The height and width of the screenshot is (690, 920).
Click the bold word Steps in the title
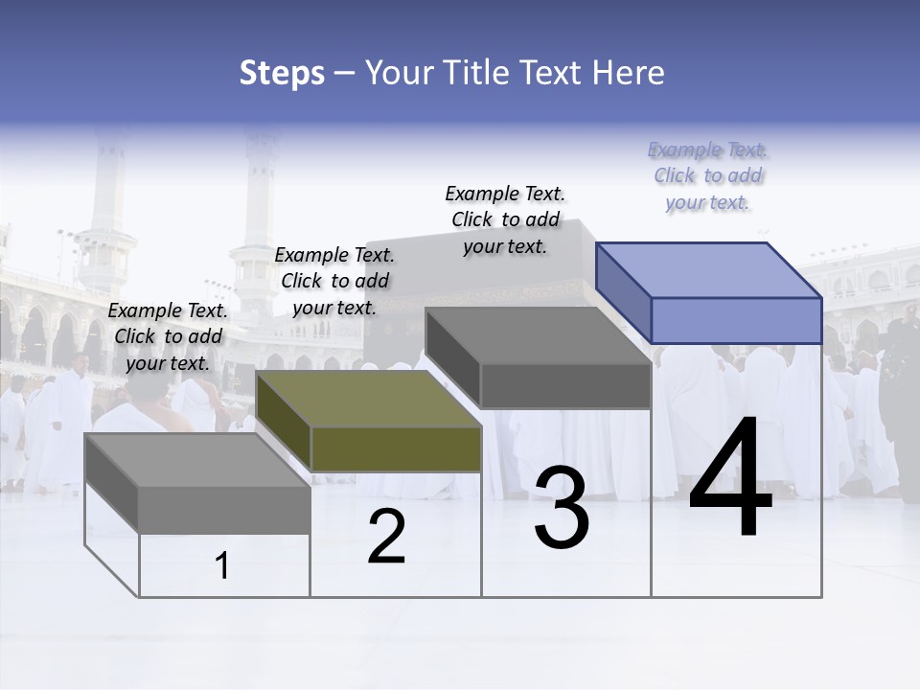pyautogui.click(x=282, y=73)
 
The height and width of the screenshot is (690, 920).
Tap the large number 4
pyautogui.click(x=730, y=478)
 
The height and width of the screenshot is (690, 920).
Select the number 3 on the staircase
pyautogui.click(x=562, y=508)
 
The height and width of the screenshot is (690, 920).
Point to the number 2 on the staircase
pyautogui.click(x=386, y=537)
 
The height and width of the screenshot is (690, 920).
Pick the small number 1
pyautogui.click(x=222, y=566)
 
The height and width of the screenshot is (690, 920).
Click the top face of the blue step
pyautogui.click(x=709, y=269)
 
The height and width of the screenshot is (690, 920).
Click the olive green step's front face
pyautogui.click(x=396, y=448)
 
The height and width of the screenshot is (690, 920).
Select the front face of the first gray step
pyautogui.click(x=224, y=509)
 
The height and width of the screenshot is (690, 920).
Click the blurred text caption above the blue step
pyautogui.click(x=708, y=176)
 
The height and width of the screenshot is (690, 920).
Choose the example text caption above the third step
pyautogui.click(x=505, y=219)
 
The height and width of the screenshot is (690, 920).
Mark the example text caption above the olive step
pyautogui.click(x=334, y=281)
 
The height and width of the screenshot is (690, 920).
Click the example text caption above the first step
pyautogui.click(x=168, y=336)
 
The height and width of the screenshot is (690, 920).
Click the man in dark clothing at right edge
pyautogui.click(x=901, y=402)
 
